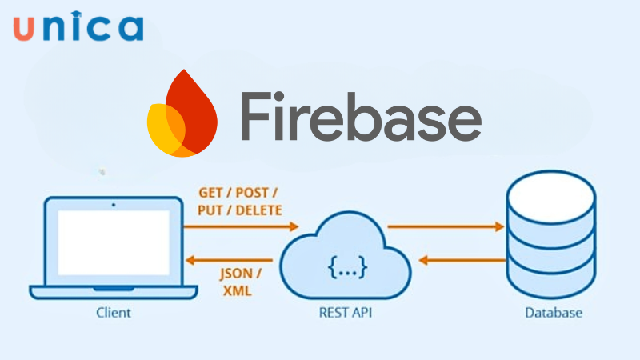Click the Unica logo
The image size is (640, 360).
pyautogui.click(x=78, y=26)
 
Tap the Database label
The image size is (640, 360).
pyautogui.click(x=554, y=313)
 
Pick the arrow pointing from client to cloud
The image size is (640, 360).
pyautogui.click(x=240, y=227)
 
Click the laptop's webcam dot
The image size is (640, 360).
pyautogui.click(x=113, y=205)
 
